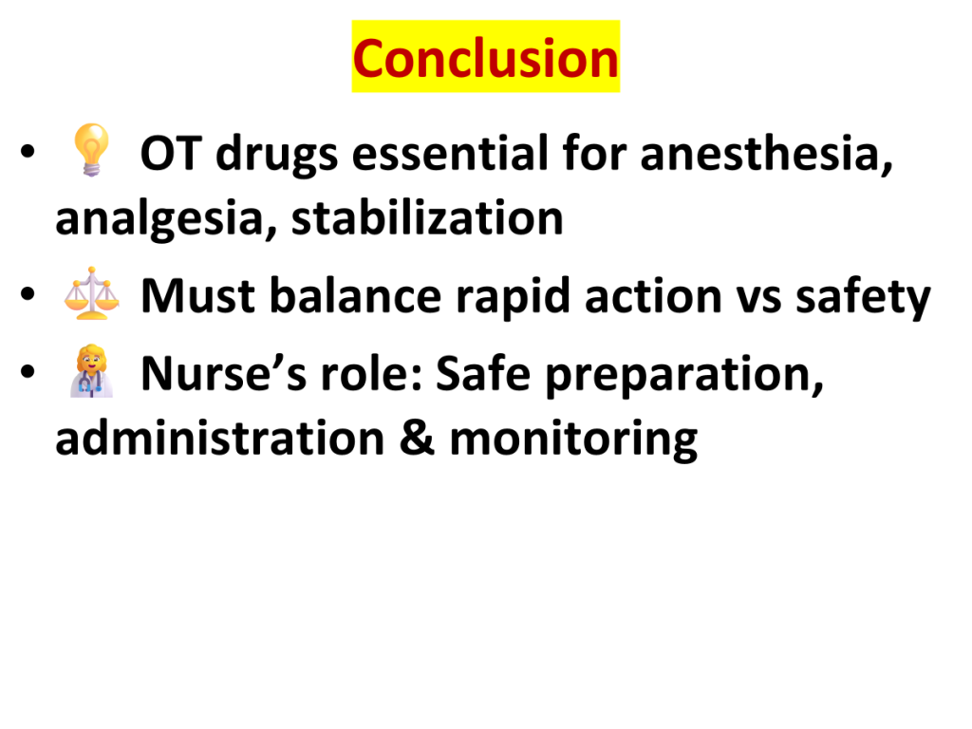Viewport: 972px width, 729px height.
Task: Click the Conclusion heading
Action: tap(486, 58)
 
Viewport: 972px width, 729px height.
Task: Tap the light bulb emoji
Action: tap(91, 149)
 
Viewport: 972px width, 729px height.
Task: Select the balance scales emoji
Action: tap(92, 293)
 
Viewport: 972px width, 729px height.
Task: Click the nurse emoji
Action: tap(91, 371)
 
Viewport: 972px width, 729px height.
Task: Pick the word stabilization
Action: tap(427, 218)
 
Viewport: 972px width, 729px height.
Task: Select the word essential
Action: tap(450, 153)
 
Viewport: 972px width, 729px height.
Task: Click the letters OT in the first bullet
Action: tap(171, 153)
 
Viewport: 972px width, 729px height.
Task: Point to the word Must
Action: tap(197, 296)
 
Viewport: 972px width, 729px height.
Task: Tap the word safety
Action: tap(863, 297)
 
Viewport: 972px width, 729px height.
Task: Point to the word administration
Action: tap(220, 438)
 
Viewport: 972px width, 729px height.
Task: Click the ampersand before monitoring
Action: tap(417, 439)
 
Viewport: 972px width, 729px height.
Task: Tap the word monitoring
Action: tap(573, 439)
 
